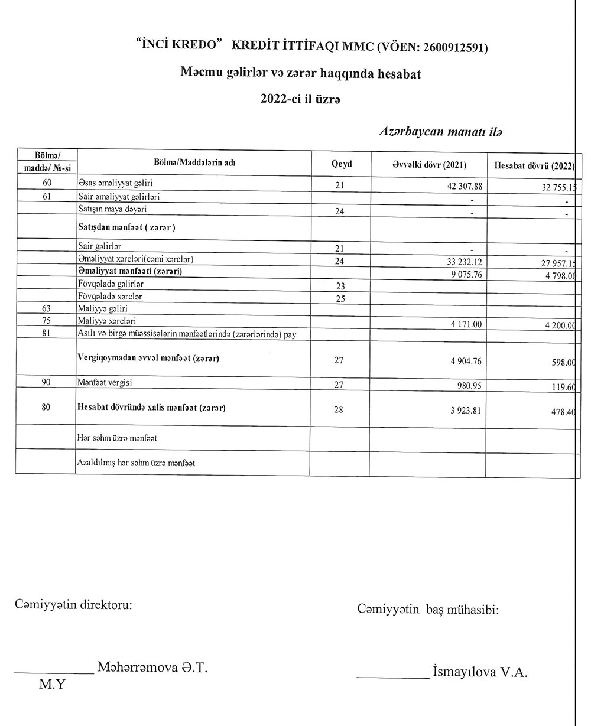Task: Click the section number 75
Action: (x=47, y=321)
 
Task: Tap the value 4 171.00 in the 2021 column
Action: (x=466, y=324)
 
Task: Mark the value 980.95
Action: (x=469, y=385)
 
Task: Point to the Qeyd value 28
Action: (x=339, y=409)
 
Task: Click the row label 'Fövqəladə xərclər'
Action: (x=110, y=296)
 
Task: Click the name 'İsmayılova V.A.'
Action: (x=480, y=672)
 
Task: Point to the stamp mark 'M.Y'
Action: (x=52, y=685)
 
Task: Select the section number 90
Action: (x=47, y=382)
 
